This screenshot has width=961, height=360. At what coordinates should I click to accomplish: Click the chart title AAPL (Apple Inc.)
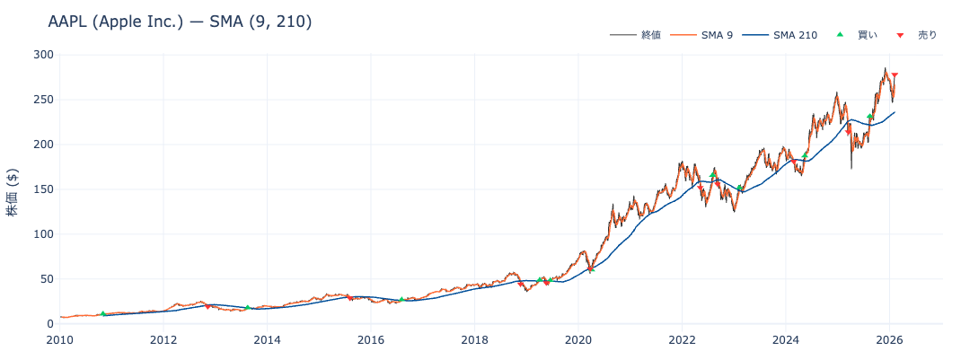click(x=180, y=22)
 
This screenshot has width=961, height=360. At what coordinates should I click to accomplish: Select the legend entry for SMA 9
click(x=717, y=35)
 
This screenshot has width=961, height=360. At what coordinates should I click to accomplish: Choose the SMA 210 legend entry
click(x=795, y=35)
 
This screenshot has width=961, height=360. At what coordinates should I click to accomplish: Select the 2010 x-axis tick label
click(x=60, y=339)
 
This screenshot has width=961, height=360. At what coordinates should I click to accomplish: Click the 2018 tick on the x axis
click(x=474, y=339)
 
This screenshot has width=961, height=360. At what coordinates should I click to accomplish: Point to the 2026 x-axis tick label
click(x=889, y=339)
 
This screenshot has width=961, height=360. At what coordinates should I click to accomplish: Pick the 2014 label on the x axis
click(x=267, y=339)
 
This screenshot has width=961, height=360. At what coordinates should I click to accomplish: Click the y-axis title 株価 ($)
click(x=13, y=189)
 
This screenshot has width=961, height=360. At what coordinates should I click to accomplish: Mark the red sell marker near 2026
click(x=895, y=75)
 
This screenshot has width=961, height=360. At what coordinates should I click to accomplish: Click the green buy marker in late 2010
click(x=103, y=313)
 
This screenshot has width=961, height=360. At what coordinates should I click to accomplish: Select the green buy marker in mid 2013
click(x=247, y=308)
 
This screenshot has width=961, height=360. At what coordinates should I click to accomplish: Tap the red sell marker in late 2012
click(x=207, y=307)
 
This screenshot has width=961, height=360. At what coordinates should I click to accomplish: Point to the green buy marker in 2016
click(x=401, y=300)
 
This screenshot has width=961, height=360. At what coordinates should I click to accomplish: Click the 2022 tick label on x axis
click(x=682, y=339)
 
